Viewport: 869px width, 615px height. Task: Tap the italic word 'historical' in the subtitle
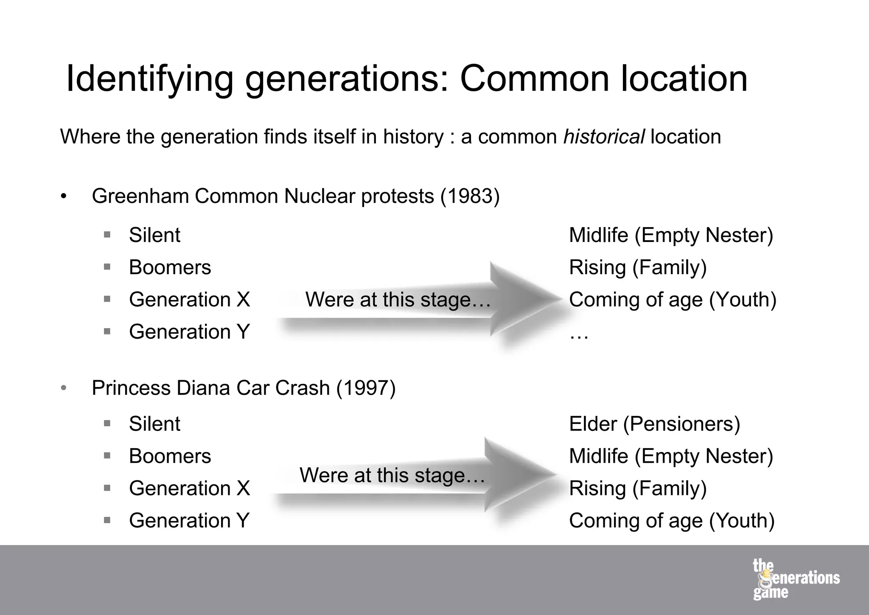604,137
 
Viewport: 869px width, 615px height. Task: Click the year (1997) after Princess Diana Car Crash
366,388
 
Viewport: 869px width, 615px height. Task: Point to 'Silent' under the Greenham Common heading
154,235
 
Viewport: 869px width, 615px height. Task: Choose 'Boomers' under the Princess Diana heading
170,456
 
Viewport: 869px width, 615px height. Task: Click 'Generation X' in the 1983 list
189,300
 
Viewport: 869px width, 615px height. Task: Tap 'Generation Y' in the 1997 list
189,521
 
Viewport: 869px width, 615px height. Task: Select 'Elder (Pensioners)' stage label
654,424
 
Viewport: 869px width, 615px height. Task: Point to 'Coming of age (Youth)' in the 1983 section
673,300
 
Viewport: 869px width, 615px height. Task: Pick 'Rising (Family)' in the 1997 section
638,489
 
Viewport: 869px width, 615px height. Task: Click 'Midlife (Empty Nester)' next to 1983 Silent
671,235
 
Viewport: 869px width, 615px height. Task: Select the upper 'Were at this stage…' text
398,300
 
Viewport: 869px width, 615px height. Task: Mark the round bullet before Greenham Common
64,197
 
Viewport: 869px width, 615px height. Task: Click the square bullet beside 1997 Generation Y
107,520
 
